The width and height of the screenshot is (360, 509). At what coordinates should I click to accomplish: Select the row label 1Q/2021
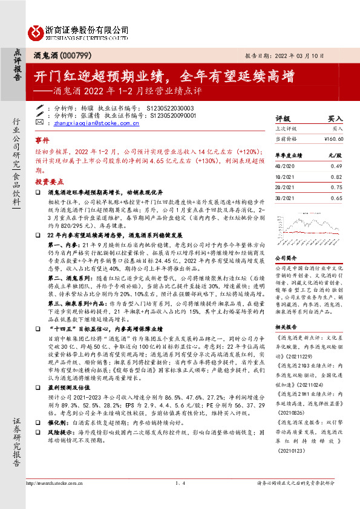click(284, 177)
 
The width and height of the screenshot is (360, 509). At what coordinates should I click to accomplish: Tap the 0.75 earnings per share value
click(336, 187)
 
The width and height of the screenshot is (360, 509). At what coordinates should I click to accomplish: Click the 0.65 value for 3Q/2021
click(336, 198)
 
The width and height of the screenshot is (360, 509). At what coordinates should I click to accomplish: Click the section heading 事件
click(41, 140)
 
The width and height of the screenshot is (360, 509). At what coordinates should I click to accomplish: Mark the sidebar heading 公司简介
click(286, 258)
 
